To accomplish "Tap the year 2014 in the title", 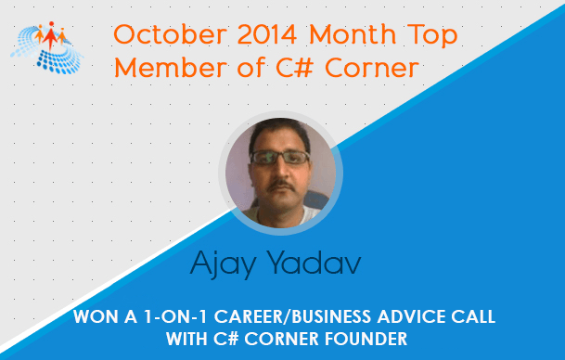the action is [x=267, y=34].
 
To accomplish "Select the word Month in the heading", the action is [x=353, y=34].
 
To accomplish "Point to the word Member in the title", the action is [x=171, y=68].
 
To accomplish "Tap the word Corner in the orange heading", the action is [x=372, y=68].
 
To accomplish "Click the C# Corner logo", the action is [x=46, y=47].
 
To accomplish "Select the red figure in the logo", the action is [x=50, y=35].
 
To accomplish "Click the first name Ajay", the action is [x=223, y=264].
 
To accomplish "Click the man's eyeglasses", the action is [x=280, y=157].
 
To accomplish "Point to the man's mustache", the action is [x=282, y=186].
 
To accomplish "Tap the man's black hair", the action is [x=279, y=134].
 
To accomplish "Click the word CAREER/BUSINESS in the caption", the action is [x=292, y=316].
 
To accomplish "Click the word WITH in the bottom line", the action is [x=186, y=339].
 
